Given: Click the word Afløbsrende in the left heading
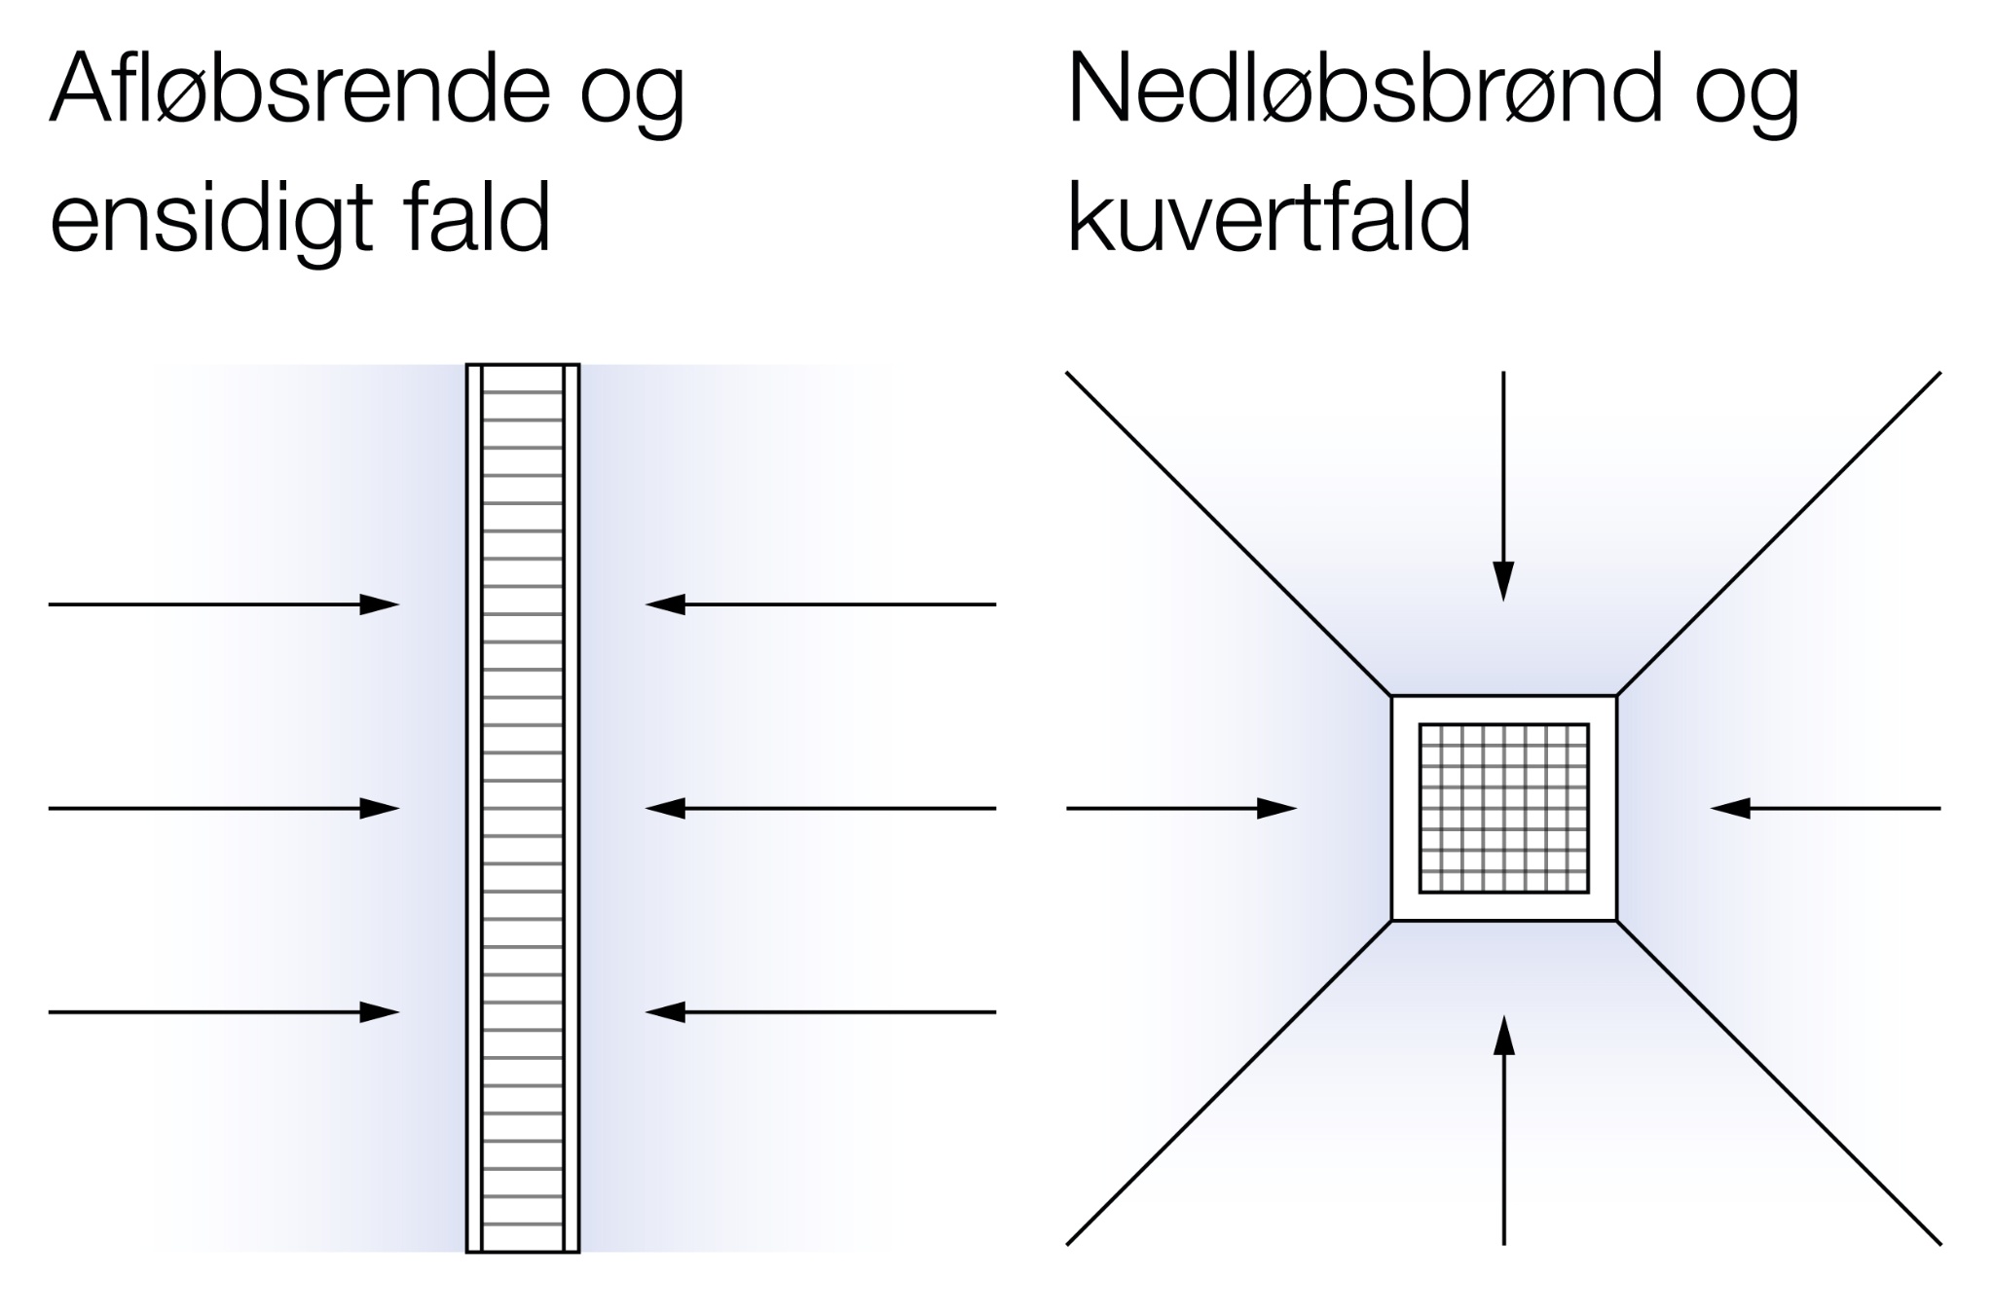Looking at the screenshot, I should (x=300, y=90).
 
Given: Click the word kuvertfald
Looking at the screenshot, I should (x=1268, y=218).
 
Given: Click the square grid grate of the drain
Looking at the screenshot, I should (x=1503, y=808).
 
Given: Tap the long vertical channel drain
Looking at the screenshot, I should (x=523, y=808).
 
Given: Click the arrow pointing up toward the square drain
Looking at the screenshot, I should (x=1504, y=1129).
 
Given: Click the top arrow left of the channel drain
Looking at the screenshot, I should (x=224, y=604).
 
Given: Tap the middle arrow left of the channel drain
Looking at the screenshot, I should (x=224, y=808).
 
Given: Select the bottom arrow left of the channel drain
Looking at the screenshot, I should (x=224, y=1012).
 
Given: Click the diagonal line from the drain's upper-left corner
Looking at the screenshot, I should (x=1229, y=533).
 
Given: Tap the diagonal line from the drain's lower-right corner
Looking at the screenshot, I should (x=1779, y=1082).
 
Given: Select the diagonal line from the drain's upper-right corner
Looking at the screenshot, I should (x=1779, y=533).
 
